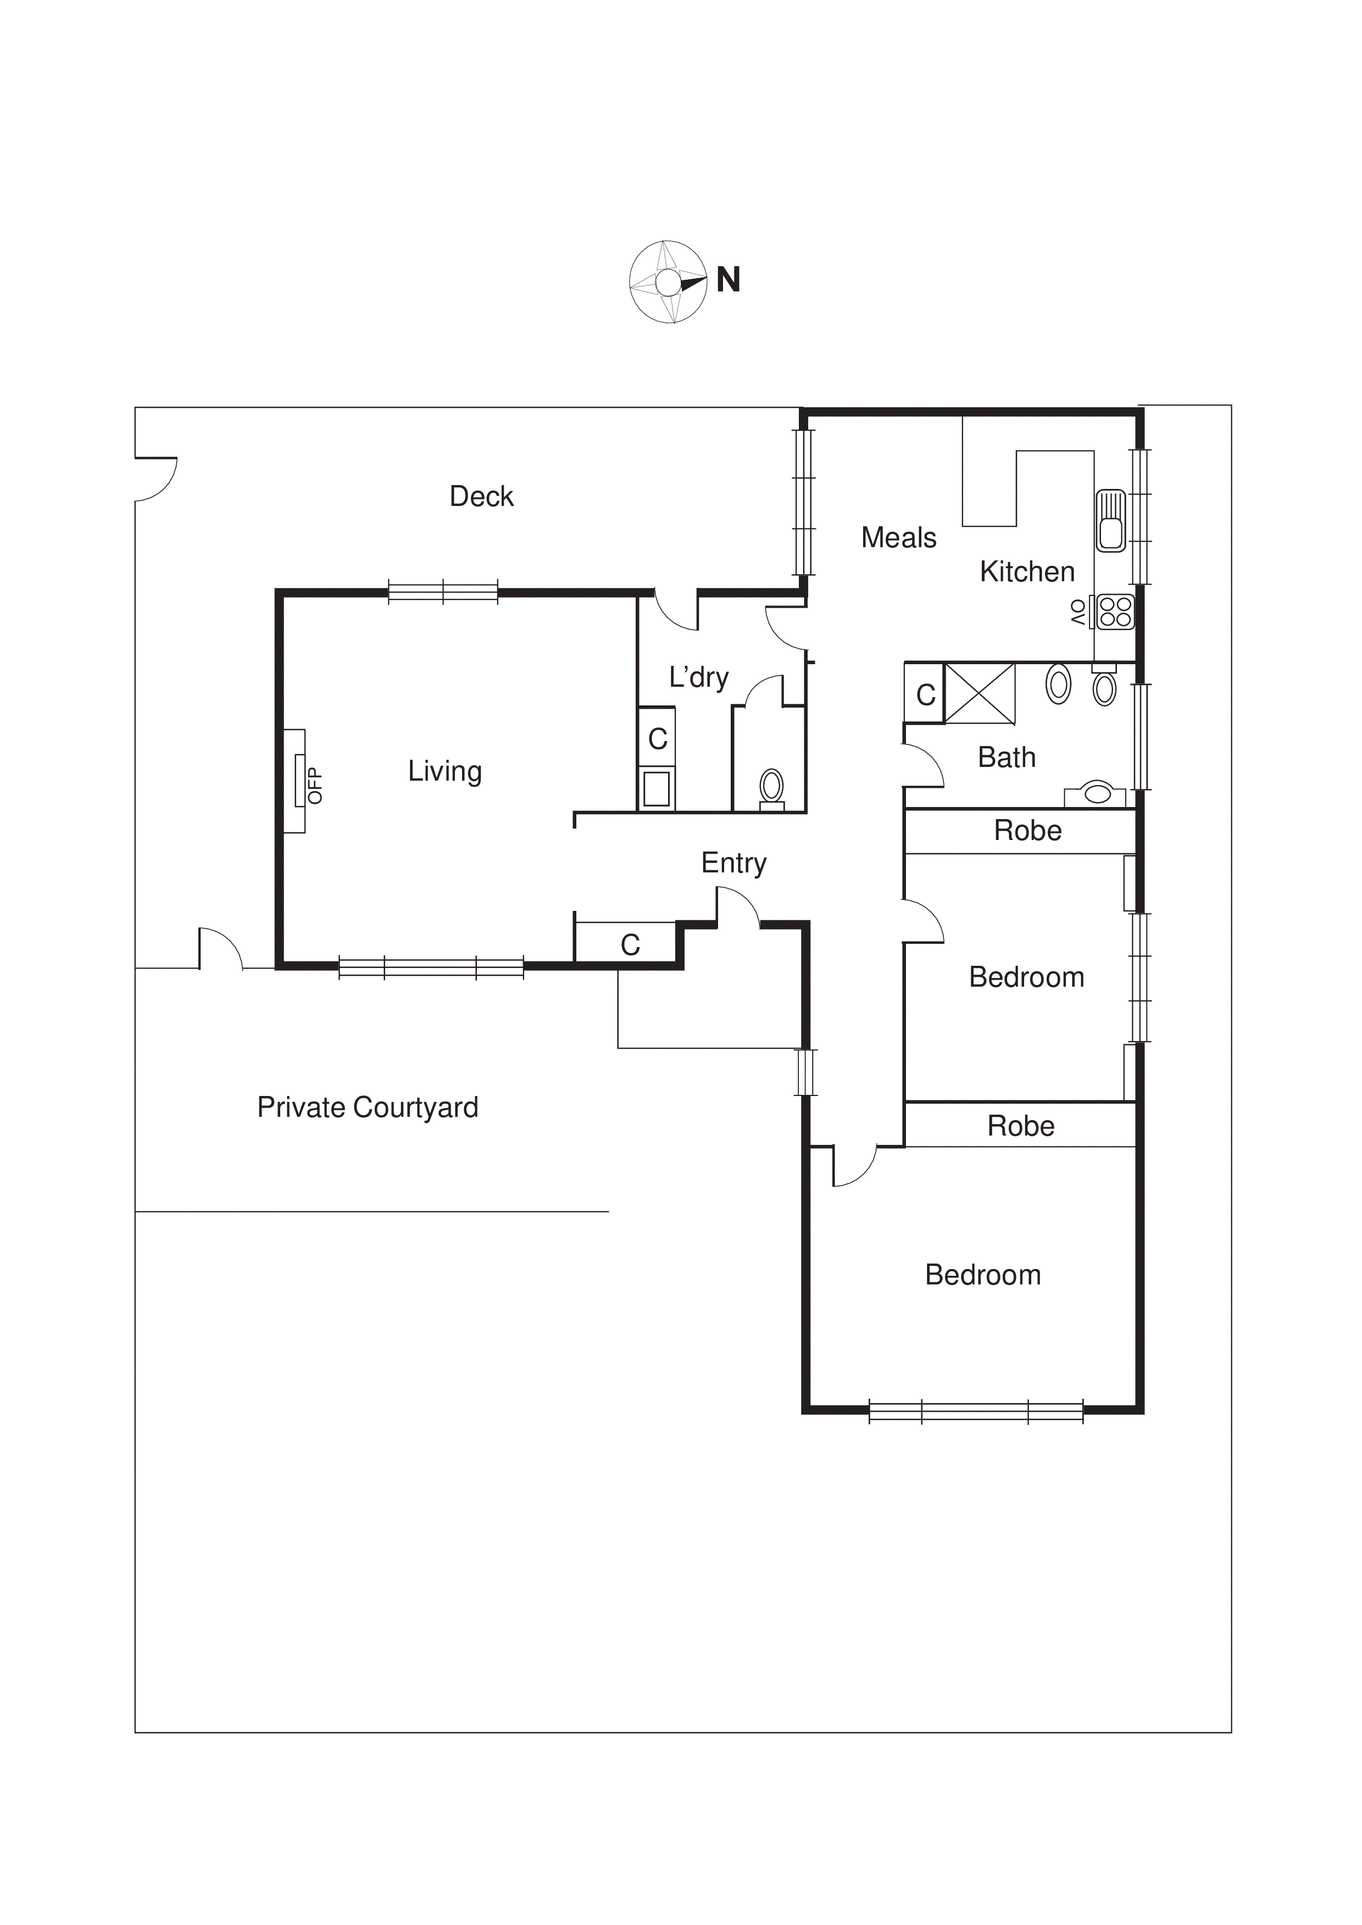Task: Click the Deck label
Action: pos(481,496)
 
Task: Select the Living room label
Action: pos(444,771)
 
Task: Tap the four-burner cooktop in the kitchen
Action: pos(1115,611)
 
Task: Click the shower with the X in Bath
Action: pos(980,693)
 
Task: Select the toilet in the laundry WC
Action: pos(771,787)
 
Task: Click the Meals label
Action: pos(898,537)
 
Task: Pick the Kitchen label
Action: pos(1026,572)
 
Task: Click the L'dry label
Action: pos(698,677)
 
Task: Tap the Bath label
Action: pos(1007,757)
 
